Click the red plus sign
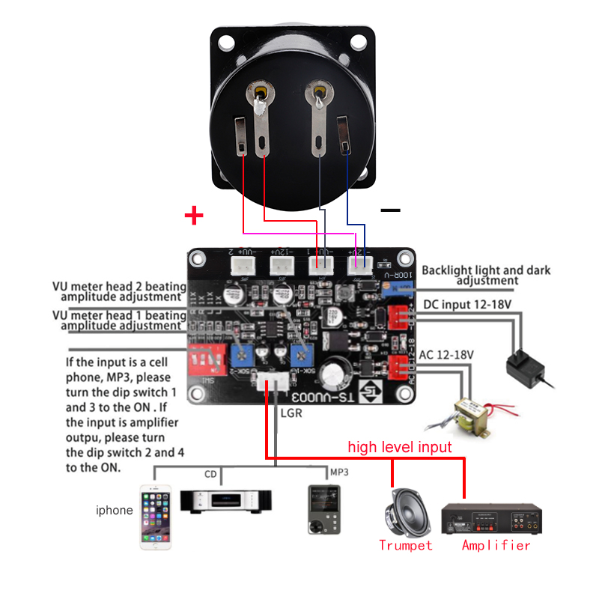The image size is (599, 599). [194, 216]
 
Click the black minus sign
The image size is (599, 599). [390, 210]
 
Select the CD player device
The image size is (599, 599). [226, 500]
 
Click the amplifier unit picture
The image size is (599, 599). [487, 517]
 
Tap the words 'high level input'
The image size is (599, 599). [399, 447]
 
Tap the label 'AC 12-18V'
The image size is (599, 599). [446, 353]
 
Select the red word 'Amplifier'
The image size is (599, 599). [496, 545]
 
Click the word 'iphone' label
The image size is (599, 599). [114, 511]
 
